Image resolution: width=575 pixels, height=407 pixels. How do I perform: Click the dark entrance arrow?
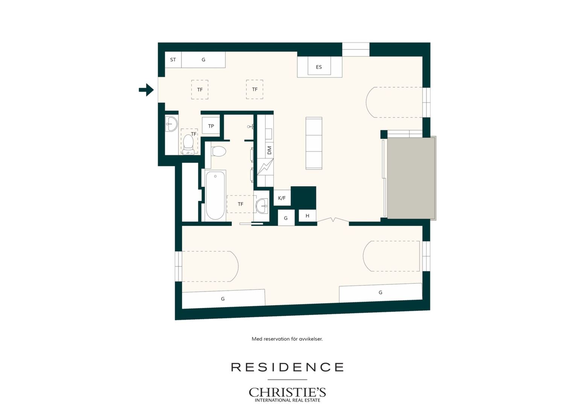coord(146,90)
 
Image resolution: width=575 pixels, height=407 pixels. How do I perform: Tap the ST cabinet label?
coord(173,60)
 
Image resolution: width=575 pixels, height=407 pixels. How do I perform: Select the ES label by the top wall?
coord(319,67)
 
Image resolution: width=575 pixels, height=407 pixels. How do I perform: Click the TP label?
coord(211,126)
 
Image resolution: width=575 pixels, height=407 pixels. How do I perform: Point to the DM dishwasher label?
coord(269,150)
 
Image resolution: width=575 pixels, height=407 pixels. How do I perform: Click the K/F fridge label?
coord(282,198)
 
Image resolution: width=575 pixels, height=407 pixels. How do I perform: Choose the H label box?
coord(307,216)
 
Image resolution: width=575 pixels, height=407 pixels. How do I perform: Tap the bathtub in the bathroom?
coord(215,195)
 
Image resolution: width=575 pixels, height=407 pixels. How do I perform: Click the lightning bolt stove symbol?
coord(265,167)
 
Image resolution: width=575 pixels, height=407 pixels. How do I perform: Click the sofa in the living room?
coord(314,143)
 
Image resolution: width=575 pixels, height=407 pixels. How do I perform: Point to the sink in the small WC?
coord(171,124)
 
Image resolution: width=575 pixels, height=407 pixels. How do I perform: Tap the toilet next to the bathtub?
coord(219,151)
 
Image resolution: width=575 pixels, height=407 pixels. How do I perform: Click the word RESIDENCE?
coord(287,367)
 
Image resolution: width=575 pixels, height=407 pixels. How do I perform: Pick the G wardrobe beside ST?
coord(203,60)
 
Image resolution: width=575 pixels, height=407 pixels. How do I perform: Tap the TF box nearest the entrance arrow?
coord(200,89)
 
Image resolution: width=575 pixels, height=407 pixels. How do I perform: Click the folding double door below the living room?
coord(333,220)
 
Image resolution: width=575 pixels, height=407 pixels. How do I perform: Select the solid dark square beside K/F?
coord(303,198)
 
